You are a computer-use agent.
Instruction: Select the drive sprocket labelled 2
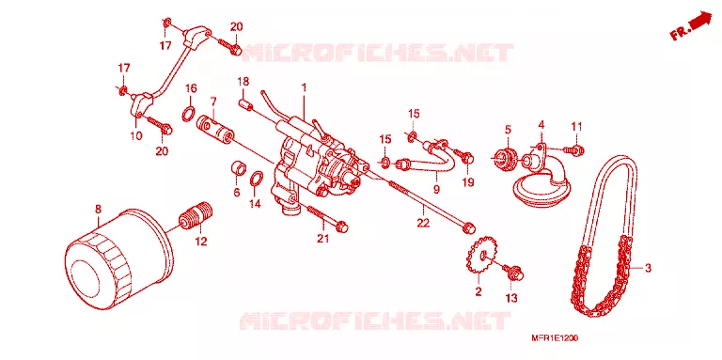[x=479, y=258]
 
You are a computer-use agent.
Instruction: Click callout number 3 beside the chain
[x=648, y=269]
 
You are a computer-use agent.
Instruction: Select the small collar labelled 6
[x=238, y=169]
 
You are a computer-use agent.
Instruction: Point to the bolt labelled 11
[x=574, y=149]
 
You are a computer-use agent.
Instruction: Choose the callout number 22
[x=423, y=223]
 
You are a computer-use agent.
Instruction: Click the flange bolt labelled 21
[x=327, y=218]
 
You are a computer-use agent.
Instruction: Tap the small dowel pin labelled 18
[x=247, y=102]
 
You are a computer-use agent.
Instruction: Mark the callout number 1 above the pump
[x=304, y=86]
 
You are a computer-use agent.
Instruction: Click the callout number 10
[x=136, y=135]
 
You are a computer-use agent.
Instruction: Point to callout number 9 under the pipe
[x=436, y=188]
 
